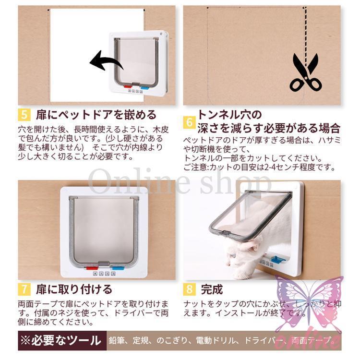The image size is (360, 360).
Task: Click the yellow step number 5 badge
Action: click(x=24, y=115)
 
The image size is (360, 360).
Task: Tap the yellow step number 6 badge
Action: click(x=189, y=122)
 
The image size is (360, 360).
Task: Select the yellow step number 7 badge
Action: click(x=24, y=289)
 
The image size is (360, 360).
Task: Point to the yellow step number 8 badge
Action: click(x=189, y=289)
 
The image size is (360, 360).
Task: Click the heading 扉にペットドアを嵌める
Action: click(x=96, y=115)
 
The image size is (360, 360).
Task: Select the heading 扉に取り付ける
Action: click(x=74, y=289)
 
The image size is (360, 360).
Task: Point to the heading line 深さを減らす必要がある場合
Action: click(x=269, y=128)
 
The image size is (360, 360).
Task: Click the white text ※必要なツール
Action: click(x=61, y=341)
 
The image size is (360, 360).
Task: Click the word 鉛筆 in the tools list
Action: click(x=117, y=341)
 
